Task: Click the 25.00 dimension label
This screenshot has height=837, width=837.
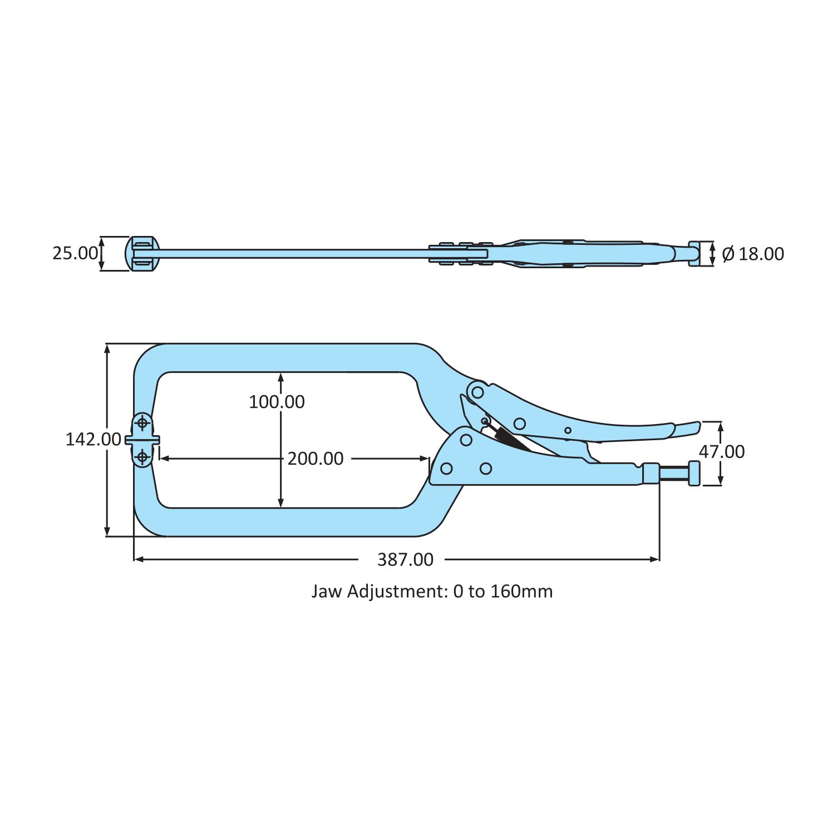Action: coord(75,254)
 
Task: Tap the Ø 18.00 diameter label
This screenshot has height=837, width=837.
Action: coord(753,254)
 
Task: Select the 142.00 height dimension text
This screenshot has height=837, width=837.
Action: coord(93,440)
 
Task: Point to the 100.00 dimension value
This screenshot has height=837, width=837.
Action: coord(277,402)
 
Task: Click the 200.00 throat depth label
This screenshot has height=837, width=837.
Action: coord(316,459)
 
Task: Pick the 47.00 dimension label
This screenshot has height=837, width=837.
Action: coord(722,452)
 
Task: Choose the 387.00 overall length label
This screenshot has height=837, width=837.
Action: coord(405,560)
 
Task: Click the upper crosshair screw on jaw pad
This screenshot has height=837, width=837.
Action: coord(143,424)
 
